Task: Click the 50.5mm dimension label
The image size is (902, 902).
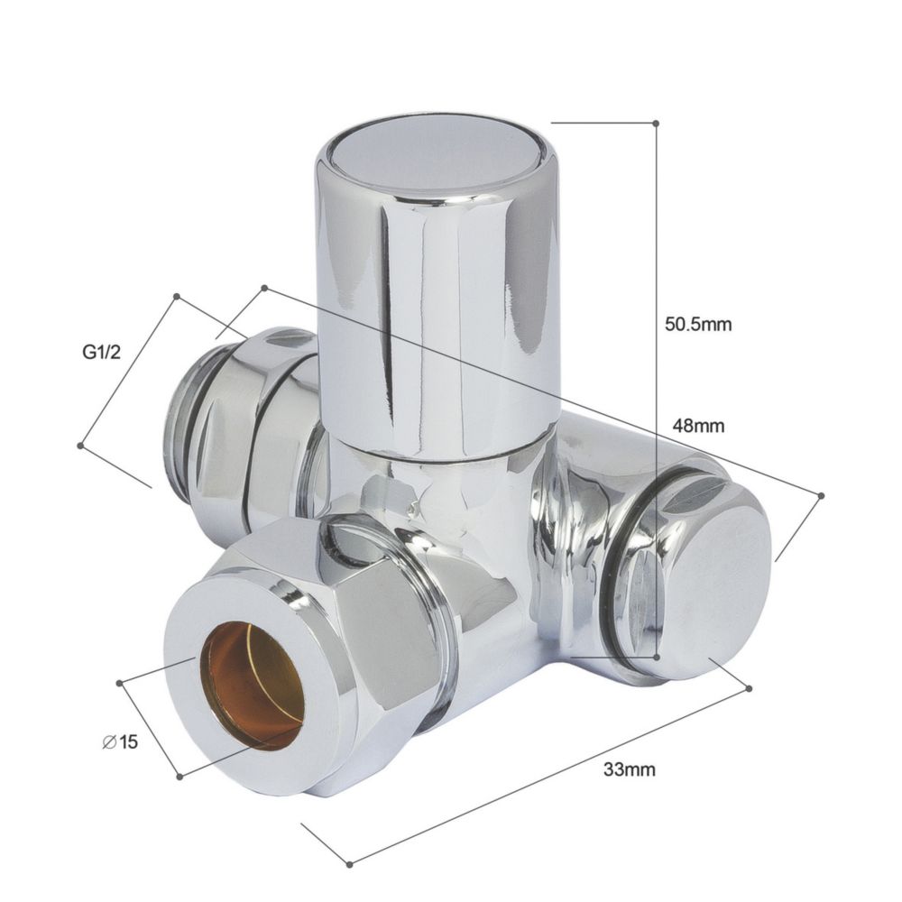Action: coord(698,325)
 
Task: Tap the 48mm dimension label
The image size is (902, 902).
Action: coord(698,427)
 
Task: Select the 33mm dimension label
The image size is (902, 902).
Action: coord(630,769)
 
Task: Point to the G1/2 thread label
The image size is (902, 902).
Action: coord(102,352)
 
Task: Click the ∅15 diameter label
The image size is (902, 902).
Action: coord(120,742)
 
